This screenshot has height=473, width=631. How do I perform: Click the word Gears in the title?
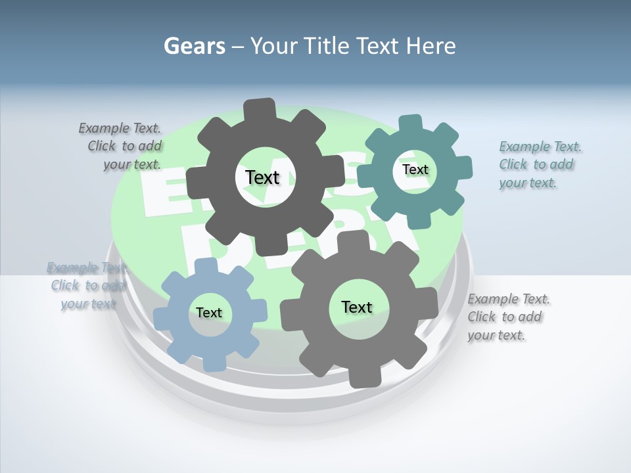coord(194,46)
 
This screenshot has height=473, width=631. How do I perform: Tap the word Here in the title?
coord(431,46)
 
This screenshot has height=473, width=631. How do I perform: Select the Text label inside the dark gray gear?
coord(262,177)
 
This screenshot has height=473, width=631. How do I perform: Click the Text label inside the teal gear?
coord(415,169)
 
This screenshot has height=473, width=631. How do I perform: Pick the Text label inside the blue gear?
coord(209,313)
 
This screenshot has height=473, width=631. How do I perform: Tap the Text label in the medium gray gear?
coord(357,307)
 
